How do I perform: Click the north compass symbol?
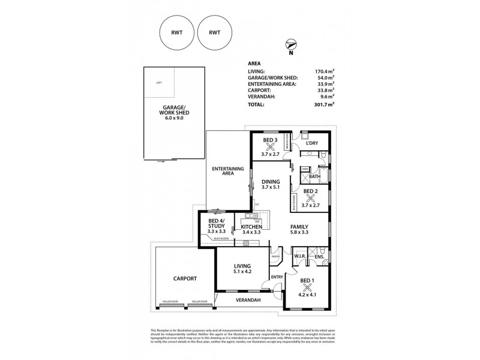tap(290, 44)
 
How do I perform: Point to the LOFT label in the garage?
tap(159, 83)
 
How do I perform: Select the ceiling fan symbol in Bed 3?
tap(271, 146)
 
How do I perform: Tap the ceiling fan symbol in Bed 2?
tap(310, 198)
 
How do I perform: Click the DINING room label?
tap(271, 181)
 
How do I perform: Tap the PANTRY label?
tap(276, 256)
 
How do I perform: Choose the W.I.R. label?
tap(301, 257)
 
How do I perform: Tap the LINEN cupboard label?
tap(305, 170)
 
